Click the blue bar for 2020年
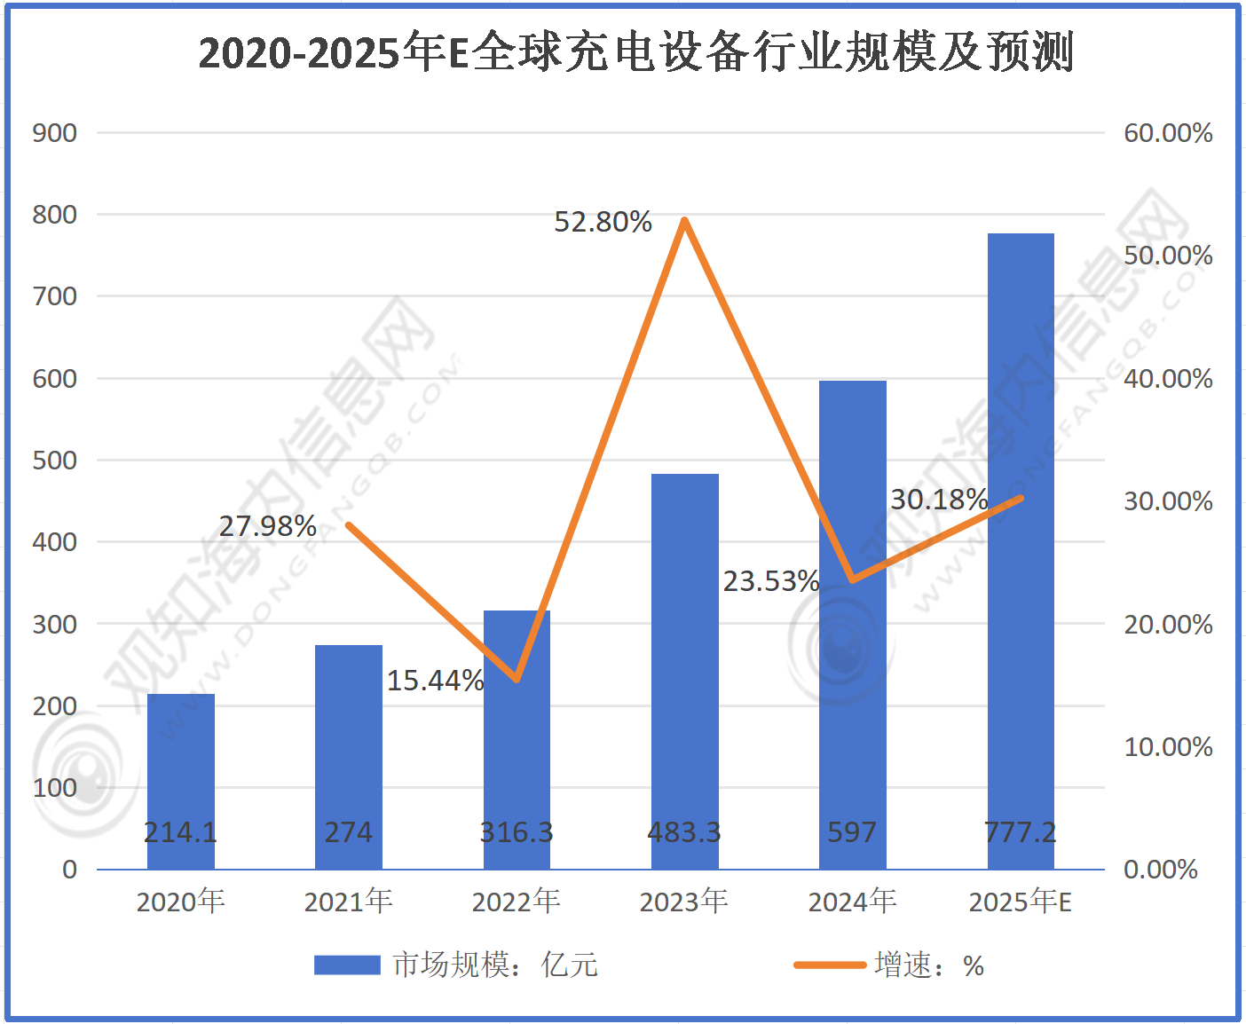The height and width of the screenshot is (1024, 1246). pos(181,763)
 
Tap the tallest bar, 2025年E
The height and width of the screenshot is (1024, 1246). pos(1021,532)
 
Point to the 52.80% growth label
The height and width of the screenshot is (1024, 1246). pos(603,222)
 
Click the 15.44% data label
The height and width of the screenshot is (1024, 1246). pos(435,681)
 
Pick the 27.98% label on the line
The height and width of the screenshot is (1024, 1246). pos(268,526)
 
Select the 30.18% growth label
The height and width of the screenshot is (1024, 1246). pos(939,500)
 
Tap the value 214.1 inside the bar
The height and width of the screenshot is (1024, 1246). pos(180,832)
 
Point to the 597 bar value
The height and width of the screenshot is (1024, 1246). pos(852,832)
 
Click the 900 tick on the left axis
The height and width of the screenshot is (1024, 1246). pos(55,133)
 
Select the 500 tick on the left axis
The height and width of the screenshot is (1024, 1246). pos(55,461)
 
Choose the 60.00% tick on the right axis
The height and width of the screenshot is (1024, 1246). pos(1168,133)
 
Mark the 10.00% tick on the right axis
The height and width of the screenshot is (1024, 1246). pos(1168,747)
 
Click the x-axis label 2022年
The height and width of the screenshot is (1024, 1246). pos(516,902)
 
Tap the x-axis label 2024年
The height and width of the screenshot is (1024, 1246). pos(852,902)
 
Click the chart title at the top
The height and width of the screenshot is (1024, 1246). pos(635,52)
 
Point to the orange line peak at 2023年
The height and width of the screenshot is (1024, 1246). pos(684,220)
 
